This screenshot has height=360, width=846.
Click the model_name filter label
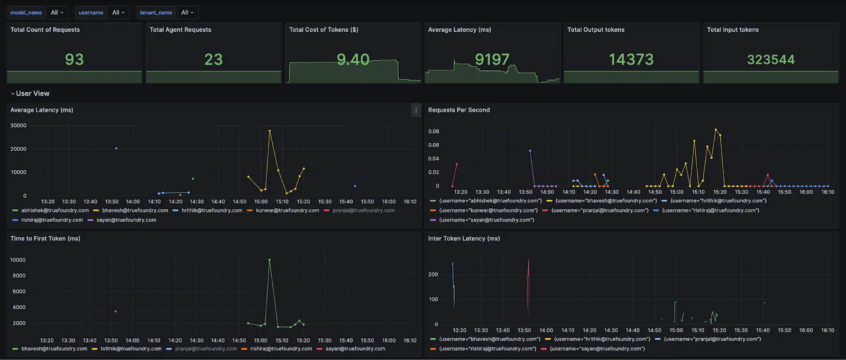point(26,13)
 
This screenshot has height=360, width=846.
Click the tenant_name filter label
point(156,13)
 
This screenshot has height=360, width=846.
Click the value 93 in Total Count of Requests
point(74,60)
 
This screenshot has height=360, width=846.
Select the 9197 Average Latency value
point(492,60)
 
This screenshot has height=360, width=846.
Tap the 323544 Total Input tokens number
point(770,60)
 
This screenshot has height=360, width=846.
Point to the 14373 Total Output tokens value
point(631,60)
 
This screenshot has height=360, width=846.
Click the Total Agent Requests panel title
point(180,30)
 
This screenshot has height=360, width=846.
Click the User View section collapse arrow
point(13,94)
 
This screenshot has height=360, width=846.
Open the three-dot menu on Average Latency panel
point(416,110)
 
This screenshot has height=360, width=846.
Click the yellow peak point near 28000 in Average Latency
point(270,131)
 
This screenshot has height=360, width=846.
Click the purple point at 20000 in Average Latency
point(116,148)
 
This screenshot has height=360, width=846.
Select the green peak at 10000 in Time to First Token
point(270,260)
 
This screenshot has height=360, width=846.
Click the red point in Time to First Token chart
point(115,311)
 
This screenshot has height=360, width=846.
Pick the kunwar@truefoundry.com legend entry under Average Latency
point(287,210)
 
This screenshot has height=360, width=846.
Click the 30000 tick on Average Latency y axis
point(19,125)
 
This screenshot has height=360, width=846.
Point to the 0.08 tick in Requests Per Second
point(434,131)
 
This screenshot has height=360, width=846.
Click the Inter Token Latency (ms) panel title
point(464,238)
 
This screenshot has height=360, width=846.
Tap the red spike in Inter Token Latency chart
point(528,280)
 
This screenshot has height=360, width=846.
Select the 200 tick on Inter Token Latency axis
point(433,274)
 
